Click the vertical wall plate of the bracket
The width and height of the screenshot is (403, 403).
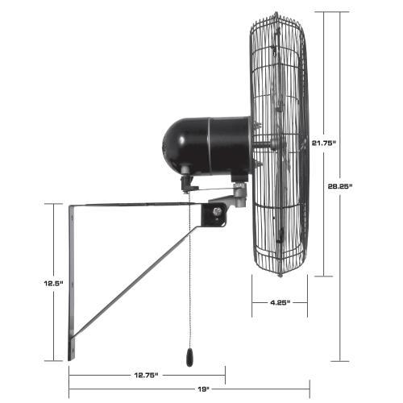(71, 282)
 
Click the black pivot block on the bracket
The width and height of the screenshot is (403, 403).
(213, 214)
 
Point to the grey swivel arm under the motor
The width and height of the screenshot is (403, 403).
(234, 194)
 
